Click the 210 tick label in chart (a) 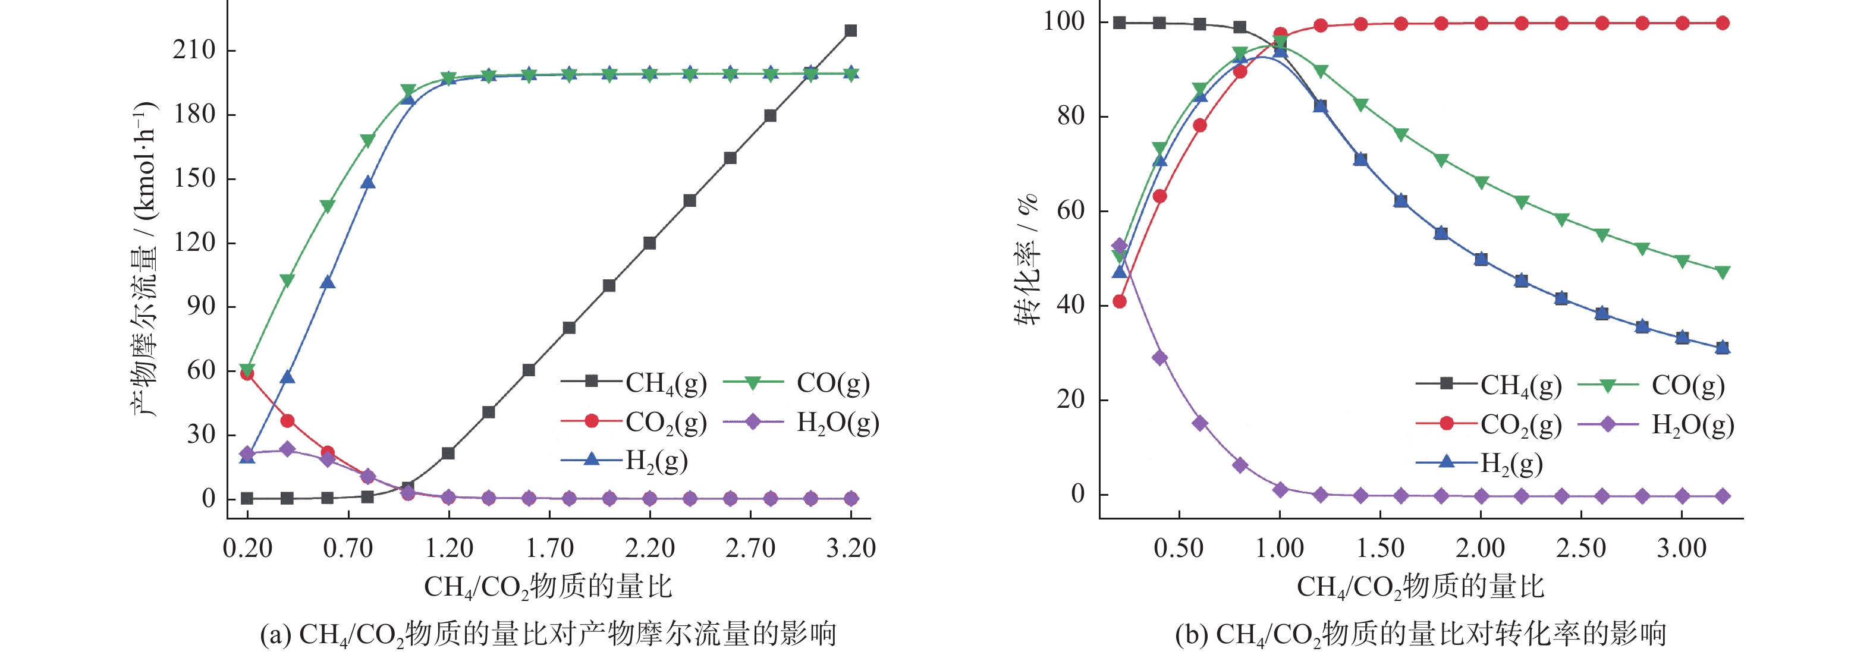pyautogui.click(x=194, y=50)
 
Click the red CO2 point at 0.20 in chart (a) pyautogui.click(x=247, y=374)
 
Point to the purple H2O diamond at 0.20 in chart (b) pyautogui.click(x=1120, y=245)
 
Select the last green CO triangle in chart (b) pyautogui.click(x=1722, y=272)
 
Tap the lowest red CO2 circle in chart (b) pyautogui.click(x=1120, y=301)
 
